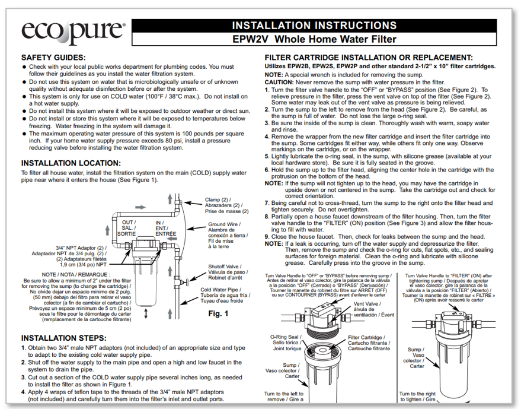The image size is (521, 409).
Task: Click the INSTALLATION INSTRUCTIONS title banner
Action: (x=314, y=26)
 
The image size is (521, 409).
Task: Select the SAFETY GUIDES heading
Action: (x=55, y=58)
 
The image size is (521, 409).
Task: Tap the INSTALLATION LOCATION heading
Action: (x=71, y=163)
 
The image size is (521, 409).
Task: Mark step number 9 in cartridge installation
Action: (x=267, y=236)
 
